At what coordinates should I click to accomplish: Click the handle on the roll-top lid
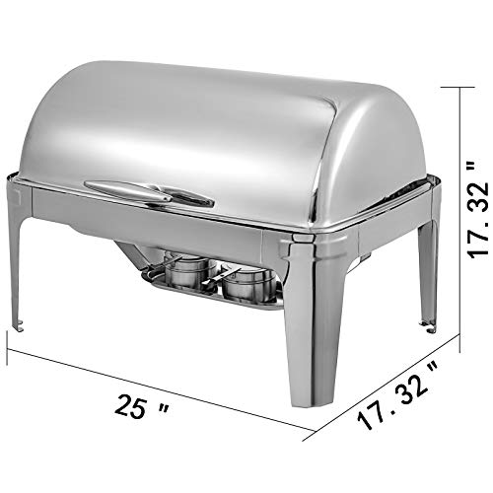click(148, 192)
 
